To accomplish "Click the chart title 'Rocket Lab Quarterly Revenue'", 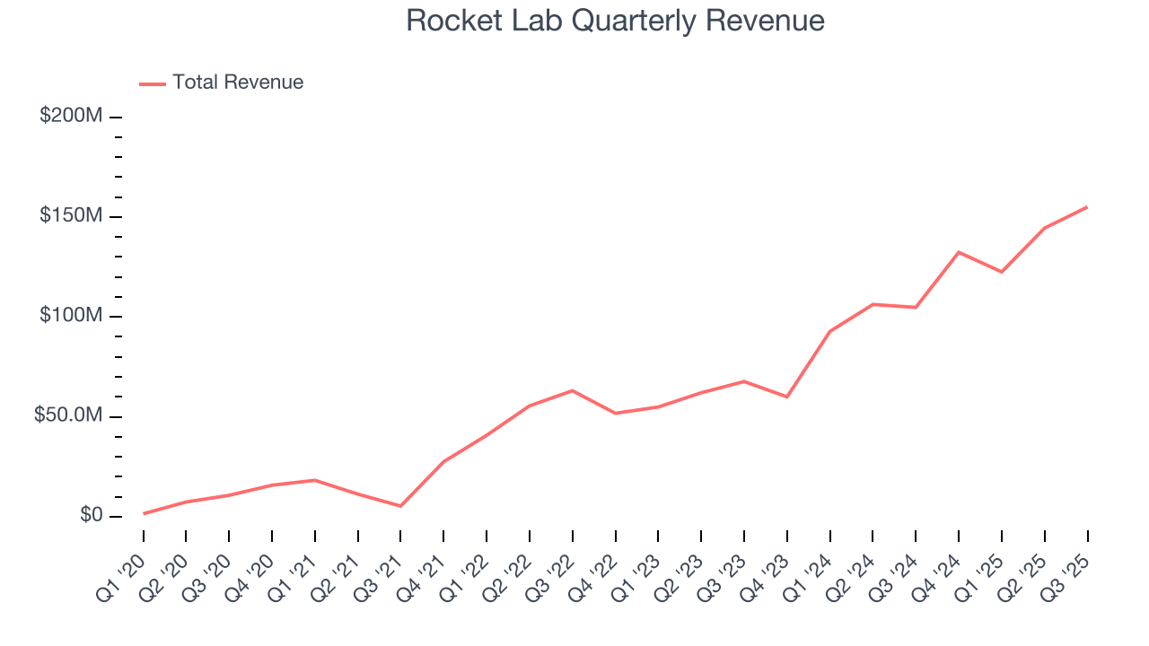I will tap(615, 21).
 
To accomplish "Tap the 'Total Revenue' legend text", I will tap(238, 83).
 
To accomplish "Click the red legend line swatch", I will tap(153, 83).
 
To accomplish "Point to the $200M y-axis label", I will tap(72, 117).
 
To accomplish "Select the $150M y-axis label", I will tap(72, 216).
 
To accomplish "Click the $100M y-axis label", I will tap(72, 316).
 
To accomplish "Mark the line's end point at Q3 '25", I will tap(1087, 207).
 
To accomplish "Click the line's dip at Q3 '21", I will tap(400, 506).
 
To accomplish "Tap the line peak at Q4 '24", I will tap(959, 252).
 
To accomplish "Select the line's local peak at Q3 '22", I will tap(573, 390).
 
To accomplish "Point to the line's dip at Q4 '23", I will tap(787, 397).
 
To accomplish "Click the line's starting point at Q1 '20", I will tap(144, 513).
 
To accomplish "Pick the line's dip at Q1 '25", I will tap(1002, 272).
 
